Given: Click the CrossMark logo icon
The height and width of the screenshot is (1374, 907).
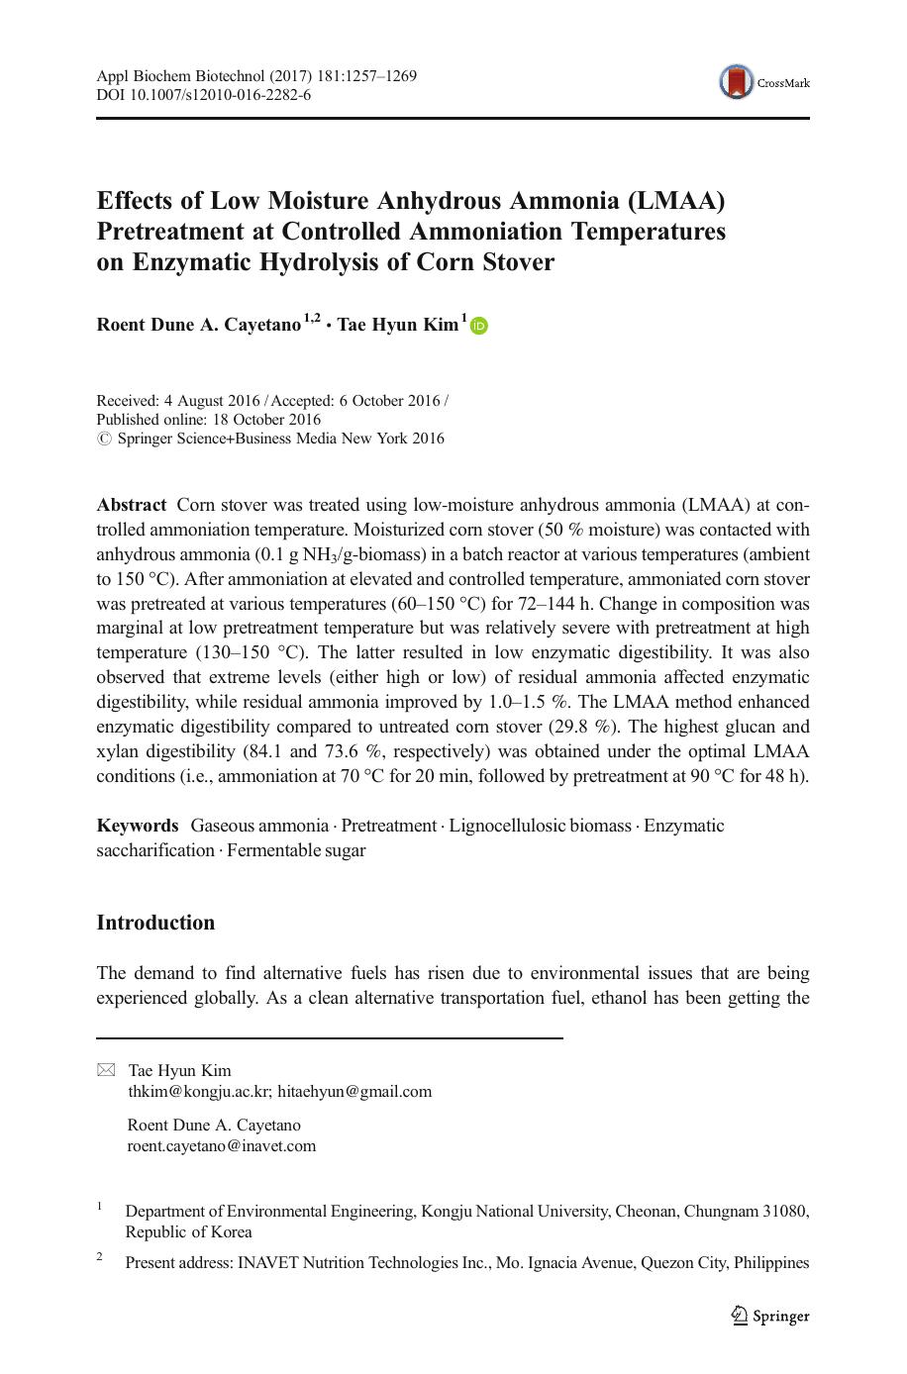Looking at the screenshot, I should (736, 82).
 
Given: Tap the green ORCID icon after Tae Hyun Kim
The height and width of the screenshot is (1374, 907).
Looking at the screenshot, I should (479, 326).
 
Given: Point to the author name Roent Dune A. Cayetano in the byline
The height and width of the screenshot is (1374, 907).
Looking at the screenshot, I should (198, 325).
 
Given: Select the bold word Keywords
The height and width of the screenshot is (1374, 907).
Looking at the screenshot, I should (138, 826).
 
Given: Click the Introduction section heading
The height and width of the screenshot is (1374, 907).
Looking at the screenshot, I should (155, 923).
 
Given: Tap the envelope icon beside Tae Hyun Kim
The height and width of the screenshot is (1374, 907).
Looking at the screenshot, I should (106, 1070).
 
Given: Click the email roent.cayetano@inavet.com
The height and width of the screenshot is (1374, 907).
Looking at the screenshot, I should (222, 1146).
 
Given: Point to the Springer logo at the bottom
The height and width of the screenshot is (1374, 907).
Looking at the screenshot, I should (770, 1316).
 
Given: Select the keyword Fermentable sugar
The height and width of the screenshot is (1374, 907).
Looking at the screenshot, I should (296, 850).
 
